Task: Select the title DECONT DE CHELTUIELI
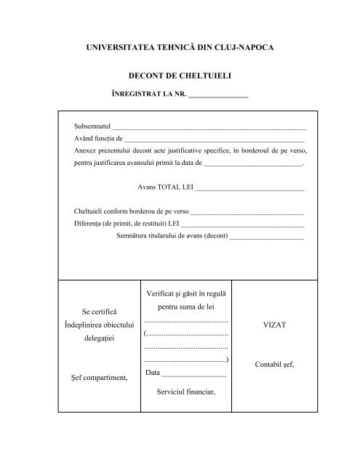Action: point(180,76)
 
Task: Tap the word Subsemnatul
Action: point(92,125)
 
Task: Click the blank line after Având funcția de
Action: point(215,139)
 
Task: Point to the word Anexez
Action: point(86,151)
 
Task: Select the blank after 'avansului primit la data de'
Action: point(252,165)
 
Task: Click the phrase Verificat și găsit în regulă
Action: point(186,294)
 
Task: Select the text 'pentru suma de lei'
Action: point(186,307)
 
